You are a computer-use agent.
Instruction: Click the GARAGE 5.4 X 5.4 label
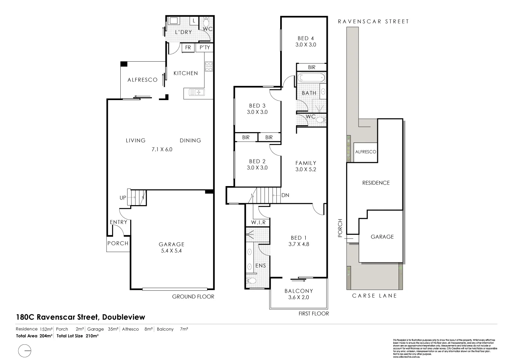coord(172,247)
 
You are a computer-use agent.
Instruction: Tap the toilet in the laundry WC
coord(207,21)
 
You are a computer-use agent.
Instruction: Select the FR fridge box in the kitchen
coord(188,48)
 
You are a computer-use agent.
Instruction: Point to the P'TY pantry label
coord(204,48)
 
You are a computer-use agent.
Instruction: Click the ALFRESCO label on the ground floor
coord(142,80)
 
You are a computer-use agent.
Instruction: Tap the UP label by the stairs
coord(123,198)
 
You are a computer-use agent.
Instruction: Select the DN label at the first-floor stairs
coord(286,195)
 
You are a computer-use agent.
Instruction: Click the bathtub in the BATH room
coord(311,78)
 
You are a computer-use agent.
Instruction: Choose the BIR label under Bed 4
coord(312,67)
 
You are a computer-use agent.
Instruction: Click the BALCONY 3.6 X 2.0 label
coord(298,294)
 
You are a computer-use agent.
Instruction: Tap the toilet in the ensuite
coord(252,282)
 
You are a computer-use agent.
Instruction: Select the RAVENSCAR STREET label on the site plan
coord(373,22)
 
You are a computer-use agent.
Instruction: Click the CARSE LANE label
coord(374,296)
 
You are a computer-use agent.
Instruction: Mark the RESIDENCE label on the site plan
coord(376,183)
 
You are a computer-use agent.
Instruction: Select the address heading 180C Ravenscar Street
coord(80,317)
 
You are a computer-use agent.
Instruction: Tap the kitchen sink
coord(195,92)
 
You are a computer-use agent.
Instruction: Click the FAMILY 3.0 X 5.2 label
coord(306,166)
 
